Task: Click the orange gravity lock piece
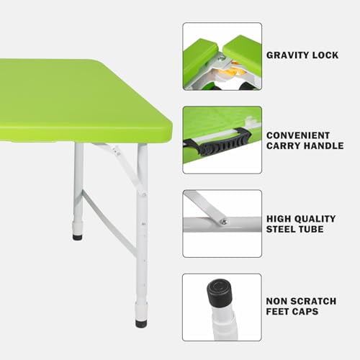tap(228, 70)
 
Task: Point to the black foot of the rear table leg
tap(77, 235)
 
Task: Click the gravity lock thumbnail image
tap(222, 56)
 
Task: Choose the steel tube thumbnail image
tap(222, 223)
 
